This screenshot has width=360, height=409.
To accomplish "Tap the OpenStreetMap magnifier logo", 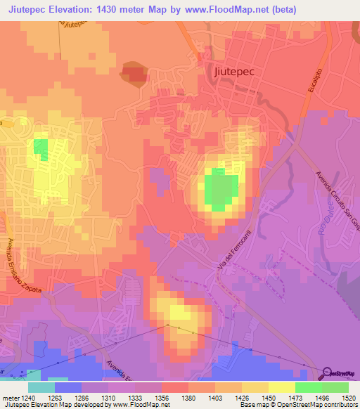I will click(328, 372).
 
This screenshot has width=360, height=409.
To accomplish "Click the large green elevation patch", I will click(221, 190).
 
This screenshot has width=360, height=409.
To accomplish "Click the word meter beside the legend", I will click(11, 396).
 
